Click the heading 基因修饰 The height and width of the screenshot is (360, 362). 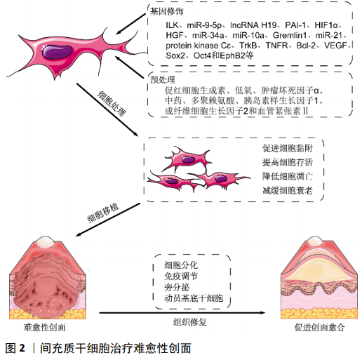click(166, 11)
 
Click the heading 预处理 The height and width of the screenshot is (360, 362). click(163, 79)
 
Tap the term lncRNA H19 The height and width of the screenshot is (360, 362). click(253, 25)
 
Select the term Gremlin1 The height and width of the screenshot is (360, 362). click(290, 35)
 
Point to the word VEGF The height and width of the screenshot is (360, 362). click(335, 45)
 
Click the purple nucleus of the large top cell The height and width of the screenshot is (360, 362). click(57, 52)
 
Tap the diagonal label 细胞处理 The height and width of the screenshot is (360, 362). click(112, 103)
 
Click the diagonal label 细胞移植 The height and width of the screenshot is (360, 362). click(103, 213)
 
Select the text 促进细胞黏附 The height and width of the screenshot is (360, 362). click(288, 148)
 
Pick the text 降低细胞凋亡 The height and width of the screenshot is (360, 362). click(288, 176)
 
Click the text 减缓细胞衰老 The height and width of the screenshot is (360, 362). click(288, 190)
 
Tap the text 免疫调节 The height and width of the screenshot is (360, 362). click(181, 276)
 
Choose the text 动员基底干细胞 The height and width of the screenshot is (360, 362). click(194, 298)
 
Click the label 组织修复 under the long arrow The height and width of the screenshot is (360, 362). click(189, 322)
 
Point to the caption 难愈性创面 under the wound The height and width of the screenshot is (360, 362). click(44, 327)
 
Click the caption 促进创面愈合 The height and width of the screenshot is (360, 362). click(319, 327)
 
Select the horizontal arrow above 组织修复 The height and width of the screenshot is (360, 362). click(182, 313)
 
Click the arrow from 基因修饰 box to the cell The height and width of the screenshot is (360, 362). click(130, 24)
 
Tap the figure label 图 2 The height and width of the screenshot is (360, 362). click(15, 348)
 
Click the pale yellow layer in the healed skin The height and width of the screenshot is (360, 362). click(319, 269)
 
